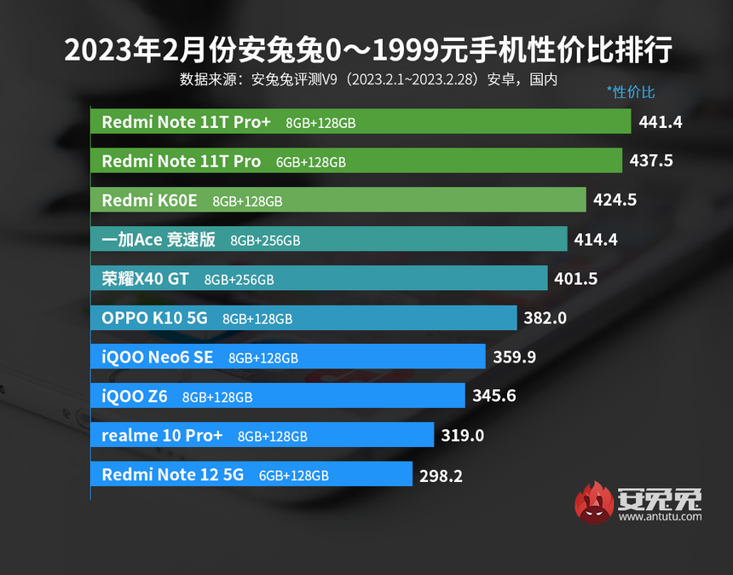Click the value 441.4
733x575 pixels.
point(661,122)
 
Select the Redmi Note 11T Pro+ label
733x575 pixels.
point(186,122)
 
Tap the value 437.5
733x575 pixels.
point(652,160)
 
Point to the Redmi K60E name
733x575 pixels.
point(149,200)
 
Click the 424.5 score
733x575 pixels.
point(616,200)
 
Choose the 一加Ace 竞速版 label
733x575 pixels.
point(159,240)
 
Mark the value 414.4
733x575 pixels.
point(596,240)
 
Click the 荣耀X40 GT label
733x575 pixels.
point(145,279)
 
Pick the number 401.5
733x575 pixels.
point(576,279)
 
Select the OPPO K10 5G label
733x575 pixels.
point(154,318)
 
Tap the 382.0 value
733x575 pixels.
point(545,318)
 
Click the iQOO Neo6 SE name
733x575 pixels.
point(157,357)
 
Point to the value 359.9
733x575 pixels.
point(514,357)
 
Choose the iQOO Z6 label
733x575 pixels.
point(135,396)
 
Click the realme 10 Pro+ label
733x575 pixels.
point(162,435)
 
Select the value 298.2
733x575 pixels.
point(441,476)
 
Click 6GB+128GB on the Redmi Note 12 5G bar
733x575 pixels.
point(293,476)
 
